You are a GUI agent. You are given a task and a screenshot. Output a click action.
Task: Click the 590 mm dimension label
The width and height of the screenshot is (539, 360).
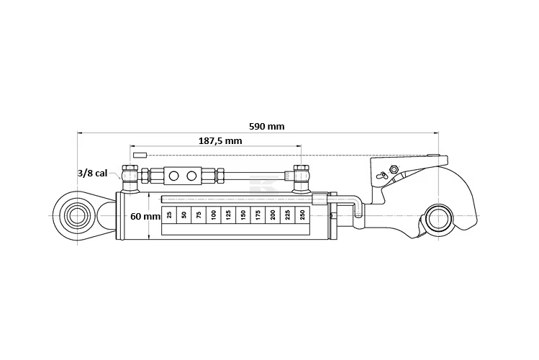coord(266,126)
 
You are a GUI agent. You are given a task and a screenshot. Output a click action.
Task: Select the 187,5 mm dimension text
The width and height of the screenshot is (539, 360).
coord(220,141)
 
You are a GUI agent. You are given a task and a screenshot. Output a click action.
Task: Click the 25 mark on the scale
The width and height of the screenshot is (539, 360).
coord(169,215)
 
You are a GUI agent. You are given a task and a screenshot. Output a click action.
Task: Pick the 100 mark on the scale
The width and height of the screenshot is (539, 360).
coord(214,215)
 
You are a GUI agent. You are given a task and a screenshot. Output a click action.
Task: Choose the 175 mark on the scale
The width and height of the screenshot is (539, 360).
coord(258,215)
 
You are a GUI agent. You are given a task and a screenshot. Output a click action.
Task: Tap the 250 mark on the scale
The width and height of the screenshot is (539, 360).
coord(302,215)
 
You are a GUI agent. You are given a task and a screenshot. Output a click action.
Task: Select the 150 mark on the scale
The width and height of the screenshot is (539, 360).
coord(243,215)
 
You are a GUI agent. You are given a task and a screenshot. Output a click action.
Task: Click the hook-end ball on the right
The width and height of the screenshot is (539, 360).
coord(438,218)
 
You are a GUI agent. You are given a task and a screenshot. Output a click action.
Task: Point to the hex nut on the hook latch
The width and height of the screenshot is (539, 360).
coord(393,170)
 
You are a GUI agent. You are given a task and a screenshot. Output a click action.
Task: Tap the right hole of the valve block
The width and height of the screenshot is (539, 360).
coord(192,176)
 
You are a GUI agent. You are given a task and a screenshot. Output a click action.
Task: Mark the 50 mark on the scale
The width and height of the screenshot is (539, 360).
coord(184,215)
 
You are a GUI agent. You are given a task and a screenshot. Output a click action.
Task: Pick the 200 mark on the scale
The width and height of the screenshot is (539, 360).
coord(273,215)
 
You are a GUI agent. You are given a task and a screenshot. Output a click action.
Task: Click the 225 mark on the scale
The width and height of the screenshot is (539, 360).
coord(288,215)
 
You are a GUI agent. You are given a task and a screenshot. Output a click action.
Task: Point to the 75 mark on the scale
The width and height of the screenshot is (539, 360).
coord(199,215)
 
